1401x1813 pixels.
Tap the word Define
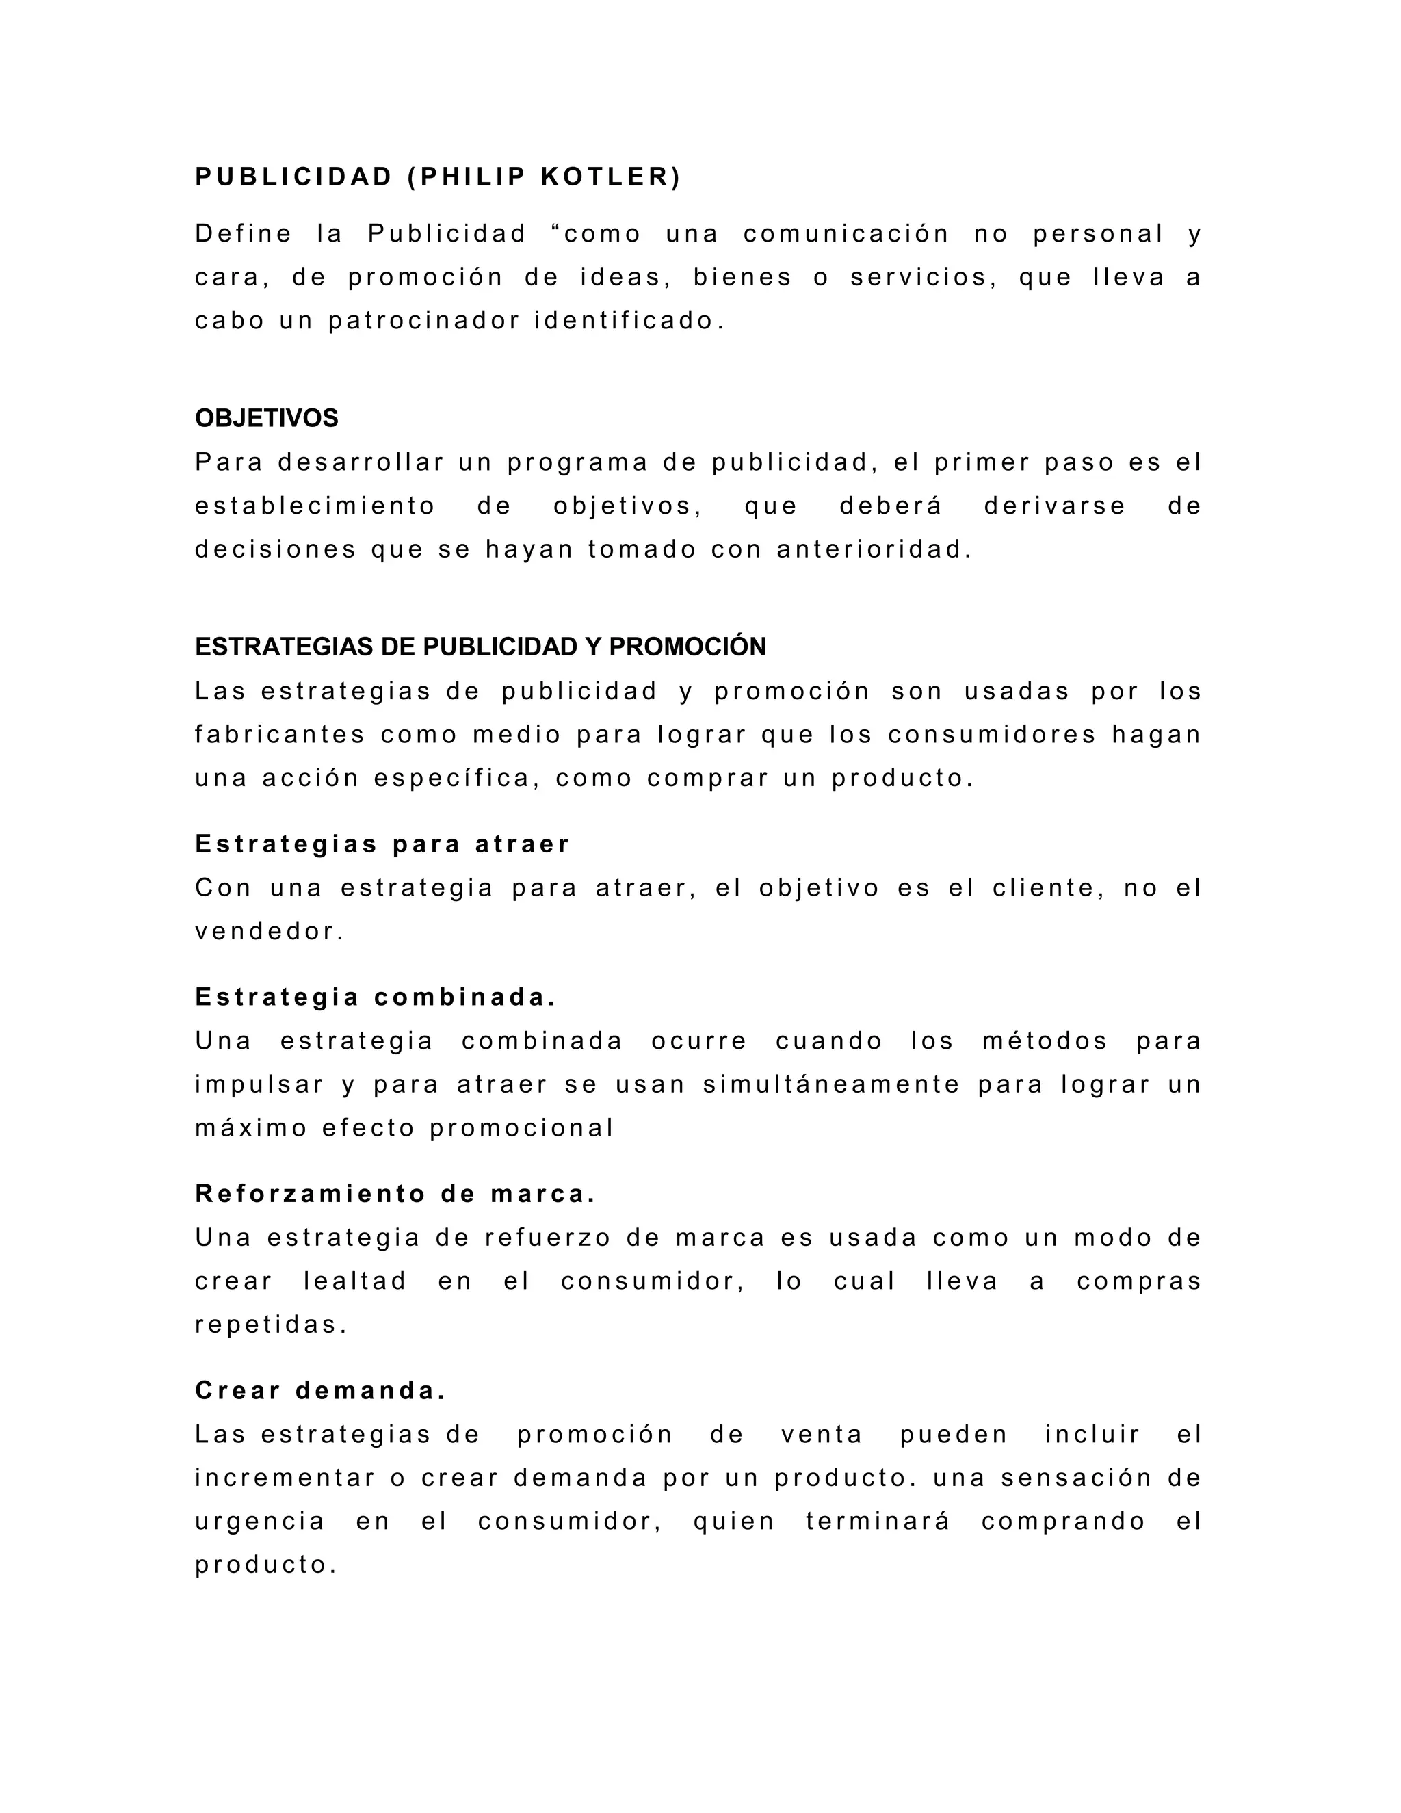tap(243, 233)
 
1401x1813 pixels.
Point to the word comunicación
tap(846, 233)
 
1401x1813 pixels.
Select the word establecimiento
tap(315, 506)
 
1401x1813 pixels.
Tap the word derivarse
tap(1055, 506)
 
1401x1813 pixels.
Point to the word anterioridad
tap(874, 549)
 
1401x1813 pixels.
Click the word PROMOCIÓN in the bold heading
tap(688, 647)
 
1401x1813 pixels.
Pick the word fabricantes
tap(280, 735)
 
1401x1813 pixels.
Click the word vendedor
tap(269, 931)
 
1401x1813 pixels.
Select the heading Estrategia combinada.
tap(375, 997)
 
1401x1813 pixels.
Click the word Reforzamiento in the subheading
tap(311, 1194)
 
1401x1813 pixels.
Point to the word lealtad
tap(355, 1281)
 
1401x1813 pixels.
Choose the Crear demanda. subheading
tap(320, 1390)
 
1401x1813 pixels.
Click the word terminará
tap(877, 1521)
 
